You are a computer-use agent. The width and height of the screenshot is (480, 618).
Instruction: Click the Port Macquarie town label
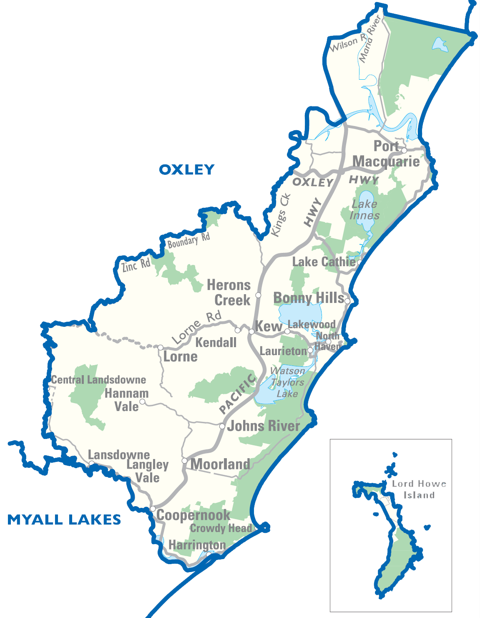[386, 154]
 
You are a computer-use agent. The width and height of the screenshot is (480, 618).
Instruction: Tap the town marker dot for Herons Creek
[258, 295]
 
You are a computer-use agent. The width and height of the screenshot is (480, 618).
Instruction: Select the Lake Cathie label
[324, 262]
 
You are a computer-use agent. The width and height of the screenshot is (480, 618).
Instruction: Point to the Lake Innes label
[364, 209]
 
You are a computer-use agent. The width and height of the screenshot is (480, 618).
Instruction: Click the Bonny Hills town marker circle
[347, 301]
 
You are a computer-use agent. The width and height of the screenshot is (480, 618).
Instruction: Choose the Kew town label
[268, 326]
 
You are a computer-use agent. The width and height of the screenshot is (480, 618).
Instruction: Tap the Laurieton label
[283, 351]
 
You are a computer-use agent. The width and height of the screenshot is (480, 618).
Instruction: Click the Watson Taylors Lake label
[287, 382]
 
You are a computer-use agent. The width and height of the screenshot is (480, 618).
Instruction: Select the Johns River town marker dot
[222, 426]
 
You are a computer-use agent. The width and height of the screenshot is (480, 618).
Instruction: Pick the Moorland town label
[220, 464]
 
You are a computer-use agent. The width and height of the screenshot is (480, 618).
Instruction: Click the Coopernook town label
[193, 515]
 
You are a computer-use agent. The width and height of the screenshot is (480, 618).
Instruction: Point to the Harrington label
[197, 545]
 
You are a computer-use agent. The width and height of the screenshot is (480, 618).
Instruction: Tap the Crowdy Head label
[221, 528]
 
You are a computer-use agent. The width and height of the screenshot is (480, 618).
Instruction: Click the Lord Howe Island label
[419, 489]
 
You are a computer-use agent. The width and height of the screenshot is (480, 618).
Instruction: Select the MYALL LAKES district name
[64, 520]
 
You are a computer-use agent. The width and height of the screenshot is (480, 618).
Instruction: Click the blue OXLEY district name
[186, 169]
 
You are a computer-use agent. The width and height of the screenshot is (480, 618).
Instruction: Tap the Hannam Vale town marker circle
[142, 402]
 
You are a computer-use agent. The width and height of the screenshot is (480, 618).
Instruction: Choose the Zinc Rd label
[136, 265]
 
